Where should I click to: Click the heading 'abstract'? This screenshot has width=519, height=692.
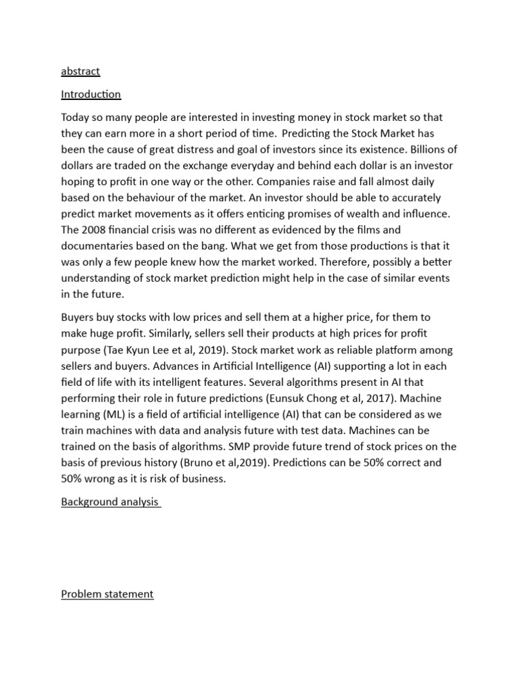[80, 71]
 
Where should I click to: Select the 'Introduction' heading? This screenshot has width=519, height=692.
[91, 94]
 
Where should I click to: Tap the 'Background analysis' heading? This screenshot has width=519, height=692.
[110, 501]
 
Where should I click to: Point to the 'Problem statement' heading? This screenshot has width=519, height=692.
[107, 594]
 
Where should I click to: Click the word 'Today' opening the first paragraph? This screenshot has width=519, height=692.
[76, 118]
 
